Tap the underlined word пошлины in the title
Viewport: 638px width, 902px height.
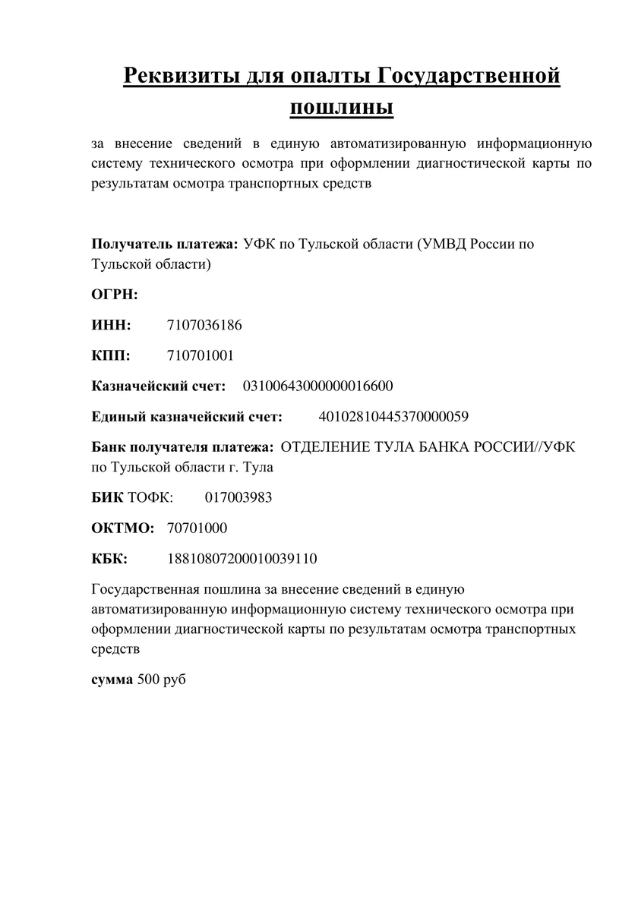[342, 107]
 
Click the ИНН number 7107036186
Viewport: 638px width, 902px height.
[204, 325]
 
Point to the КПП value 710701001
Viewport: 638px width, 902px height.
[201, 355]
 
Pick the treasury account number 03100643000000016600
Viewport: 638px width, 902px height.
[317, 386]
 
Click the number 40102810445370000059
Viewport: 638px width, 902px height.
[393, 416]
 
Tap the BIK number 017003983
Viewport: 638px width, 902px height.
[238, 497]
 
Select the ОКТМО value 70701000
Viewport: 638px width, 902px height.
[197, 528]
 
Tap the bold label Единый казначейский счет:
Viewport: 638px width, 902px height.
[187, 416]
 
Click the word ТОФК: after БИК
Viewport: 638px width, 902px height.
[150, 497]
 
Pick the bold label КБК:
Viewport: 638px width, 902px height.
[110, 559]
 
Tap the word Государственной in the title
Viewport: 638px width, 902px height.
[469, 76]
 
